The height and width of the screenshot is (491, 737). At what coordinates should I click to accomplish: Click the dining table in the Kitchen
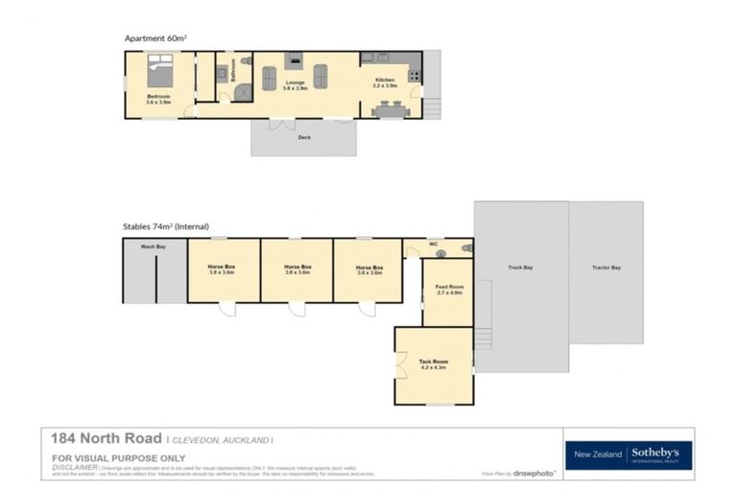tap(389, 110)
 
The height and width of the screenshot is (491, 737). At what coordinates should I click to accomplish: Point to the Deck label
tap(303, 137)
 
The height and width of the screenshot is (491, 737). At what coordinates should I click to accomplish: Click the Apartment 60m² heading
tap(155, 38)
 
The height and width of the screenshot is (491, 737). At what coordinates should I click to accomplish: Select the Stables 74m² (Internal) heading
tap(165, 226)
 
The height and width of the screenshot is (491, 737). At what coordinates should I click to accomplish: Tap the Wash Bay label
tap(153, 246)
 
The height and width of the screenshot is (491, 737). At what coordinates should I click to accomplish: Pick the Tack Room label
tap(433, 362)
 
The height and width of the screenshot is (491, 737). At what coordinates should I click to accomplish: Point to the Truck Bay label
tap(520, 268)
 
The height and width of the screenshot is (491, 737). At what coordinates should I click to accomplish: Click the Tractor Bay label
tap(606, 268)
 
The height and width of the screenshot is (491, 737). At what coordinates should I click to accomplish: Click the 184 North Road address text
tap(107, 438)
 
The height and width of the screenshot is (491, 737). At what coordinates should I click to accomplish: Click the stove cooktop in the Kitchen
tap(415, 74)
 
